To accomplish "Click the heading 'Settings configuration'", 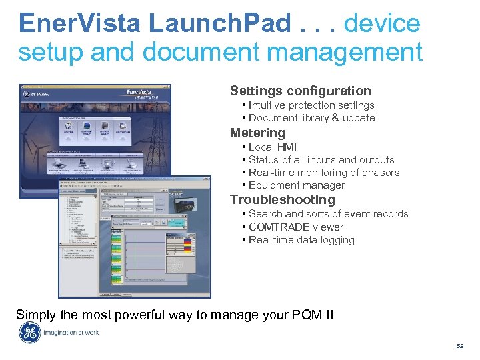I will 300,91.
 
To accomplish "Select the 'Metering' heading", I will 257,133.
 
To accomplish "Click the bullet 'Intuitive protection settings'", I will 311,105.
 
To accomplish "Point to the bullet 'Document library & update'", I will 311,118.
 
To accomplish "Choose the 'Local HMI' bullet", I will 273,147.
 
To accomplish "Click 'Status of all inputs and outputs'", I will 321,160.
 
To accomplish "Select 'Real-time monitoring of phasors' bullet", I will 324,173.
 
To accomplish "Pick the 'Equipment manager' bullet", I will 297,185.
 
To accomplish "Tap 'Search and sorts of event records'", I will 328,214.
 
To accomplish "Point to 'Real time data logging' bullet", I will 301,240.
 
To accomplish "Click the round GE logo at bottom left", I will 29,333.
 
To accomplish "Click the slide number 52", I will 459,346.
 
